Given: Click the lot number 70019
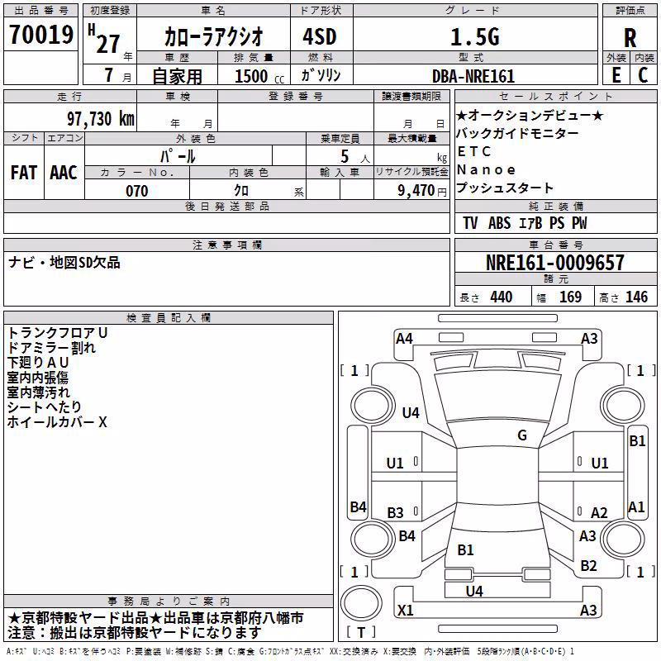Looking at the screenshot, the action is tap(41, 35).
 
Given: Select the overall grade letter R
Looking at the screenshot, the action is tap(630, 38).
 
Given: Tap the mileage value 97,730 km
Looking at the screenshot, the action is tap(101, 119).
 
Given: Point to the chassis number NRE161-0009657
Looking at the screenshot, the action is tap(555, 263).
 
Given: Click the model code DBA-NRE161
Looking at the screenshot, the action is tap(473, 76).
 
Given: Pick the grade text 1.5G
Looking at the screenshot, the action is tap(475, 37).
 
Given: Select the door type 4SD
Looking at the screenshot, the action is tap(320, 36).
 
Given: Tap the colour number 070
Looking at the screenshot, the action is tap(137, 191).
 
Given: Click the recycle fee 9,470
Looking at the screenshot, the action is tap(416, 191).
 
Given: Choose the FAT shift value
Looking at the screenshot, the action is tap(24, 173).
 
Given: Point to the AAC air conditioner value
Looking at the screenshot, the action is tap(64, 173).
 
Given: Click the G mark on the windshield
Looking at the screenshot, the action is tap(522, 435).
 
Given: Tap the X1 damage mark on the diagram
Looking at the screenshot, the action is tap(405, 610).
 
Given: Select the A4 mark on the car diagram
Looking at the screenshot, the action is tap(404, 339).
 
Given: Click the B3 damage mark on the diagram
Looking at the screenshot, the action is tap(395, 512).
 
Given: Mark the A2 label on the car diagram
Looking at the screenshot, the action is tap(599, 512).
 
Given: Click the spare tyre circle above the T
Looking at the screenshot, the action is tap(361, 603).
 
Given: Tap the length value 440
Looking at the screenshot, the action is tap(502, 297).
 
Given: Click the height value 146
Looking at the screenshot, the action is tap(636, 297).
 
